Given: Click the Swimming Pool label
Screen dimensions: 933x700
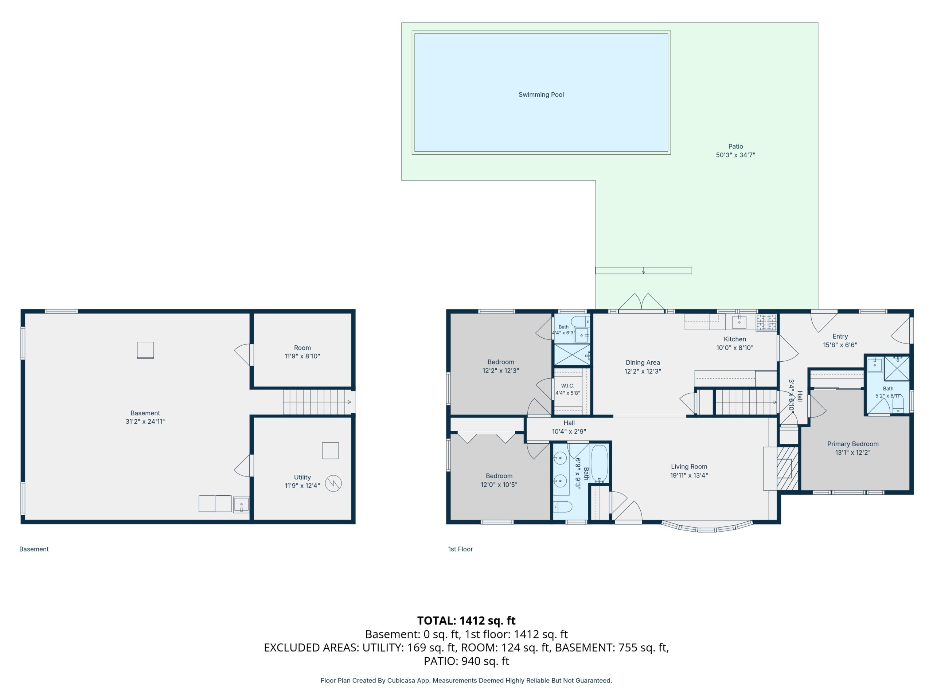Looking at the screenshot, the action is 541,94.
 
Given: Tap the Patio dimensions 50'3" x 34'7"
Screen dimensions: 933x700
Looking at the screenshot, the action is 735,155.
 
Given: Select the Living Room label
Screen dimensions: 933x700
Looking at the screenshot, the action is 689,466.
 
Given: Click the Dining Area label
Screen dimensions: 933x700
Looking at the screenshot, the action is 643,362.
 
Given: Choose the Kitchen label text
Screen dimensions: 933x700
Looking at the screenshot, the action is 735,339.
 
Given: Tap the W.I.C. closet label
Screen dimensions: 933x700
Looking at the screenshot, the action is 567,386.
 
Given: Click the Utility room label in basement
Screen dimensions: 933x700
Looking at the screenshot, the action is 302,477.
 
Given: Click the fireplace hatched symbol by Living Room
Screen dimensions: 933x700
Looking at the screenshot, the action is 788,468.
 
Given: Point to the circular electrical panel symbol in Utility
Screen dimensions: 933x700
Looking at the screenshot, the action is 333,483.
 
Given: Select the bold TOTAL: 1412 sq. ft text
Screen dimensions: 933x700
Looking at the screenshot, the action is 466,620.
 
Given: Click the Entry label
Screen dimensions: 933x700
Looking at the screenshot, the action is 840,336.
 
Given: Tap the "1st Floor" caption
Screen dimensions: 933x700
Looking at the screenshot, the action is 460,549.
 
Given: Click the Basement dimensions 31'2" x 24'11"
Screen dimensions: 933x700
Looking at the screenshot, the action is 145,421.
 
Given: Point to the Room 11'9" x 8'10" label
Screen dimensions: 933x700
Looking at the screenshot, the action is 302,352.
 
